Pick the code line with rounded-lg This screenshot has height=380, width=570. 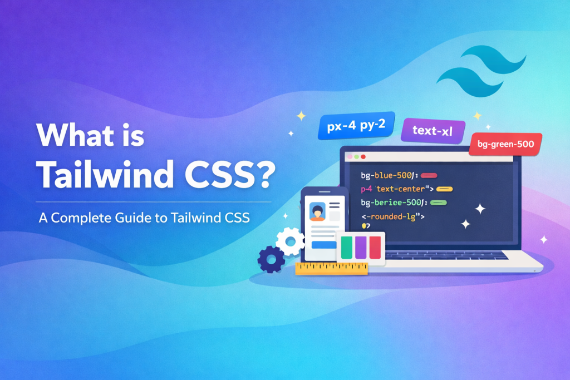tap(393, 215)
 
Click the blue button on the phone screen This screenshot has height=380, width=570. tap(325, 244)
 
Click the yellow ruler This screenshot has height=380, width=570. tap(332, 268)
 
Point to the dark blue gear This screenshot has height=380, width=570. tap(271, 258)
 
